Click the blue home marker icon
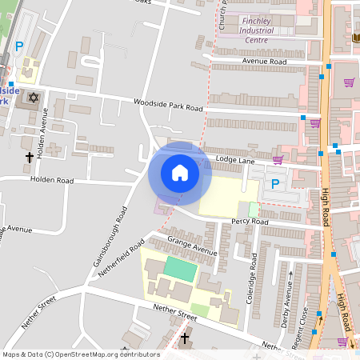coord(180,173)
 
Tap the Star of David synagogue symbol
coord(33,98)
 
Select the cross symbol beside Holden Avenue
coord(30,158)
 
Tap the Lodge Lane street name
coord(234,161)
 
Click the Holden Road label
coord(52,180)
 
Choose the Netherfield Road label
coord(127,256)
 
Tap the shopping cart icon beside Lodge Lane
coord(278,159)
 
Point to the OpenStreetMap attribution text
coord(81,354)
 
